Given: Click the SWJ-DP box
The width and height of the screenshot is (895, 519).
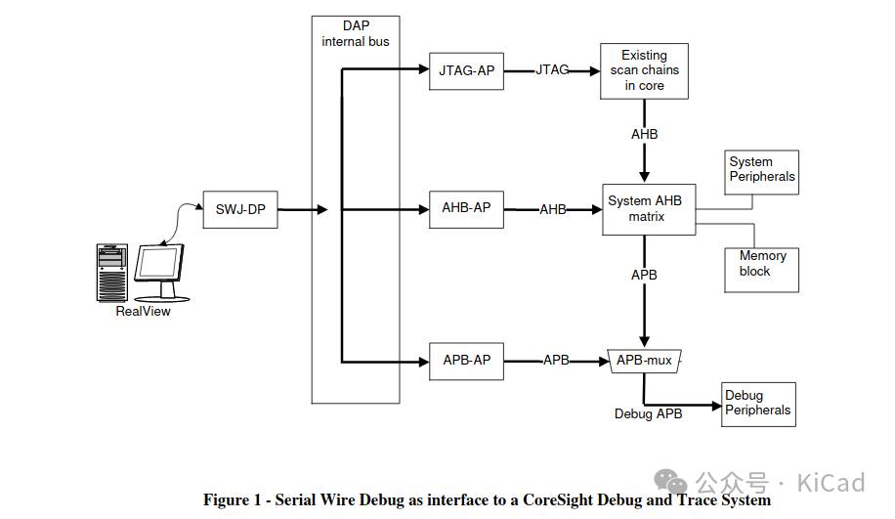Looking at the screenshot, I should click(x=240, y=209).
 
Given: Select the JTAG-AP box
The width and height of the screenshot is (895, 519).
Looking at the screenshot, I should click(x=467, y=71).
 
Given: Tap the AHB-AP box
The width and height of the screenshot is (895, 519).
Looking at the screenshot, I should click(x=467, y=209).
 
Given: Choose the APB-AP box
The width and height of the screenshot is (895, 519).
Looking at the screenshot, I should click(x=467, y=361).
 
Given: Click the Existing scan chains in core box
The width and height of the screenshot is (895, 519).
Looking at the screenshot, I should click(x=644, y=70).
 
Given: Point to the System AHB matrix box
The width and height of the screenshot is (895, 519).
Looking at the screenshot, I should click(x=645, y=208).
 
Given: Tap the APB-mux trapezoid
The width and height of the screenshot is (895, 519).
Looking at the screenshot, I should click(x=644, y=361).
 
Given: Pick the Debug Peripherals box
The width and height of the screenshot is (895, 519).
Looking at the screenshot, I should click(x=758, y=404).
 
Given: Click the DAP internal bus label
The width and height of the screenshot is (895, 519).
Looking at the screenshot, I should click(x=356, y=35).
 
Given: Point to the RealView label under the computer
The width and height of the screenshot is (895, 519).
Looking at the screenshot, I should click(x=144, y=311).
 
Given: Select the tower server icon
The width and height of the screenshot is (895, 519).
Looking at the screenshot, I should click(x=112, y=273).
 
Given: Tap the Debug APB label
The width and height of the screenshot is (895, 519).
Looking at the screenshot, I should click(x=648, y=414).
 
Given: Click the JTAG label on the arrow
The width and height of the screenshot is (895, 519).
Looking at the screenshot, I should click(x=552, y=70).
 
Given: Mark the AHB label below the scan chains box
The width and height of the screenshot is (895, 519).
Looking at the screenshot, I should click(x=644, y=134).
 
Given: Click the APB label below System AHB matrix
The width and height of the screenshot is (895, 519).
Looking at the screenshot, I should click(x=644, y=276).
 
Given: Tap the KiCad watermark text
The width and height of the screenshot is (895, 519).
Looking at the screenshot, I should click(x=831, y=483).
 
